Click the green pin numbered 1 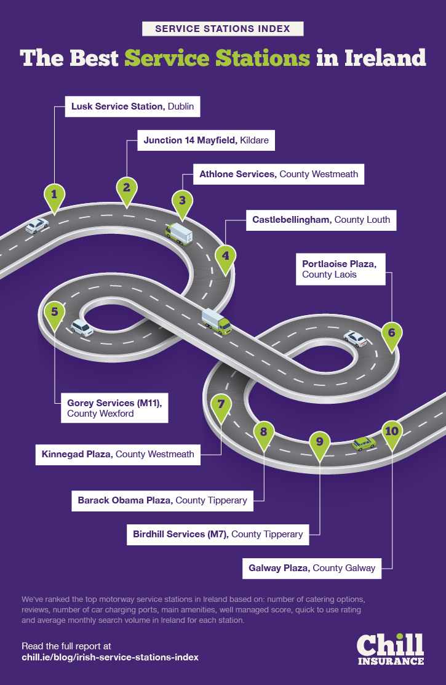click(x=54, y=196)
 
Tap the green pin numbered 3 click(x=181, y=202)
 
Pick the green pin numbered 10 click(x=391, y=433)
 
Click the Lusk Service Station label click(x=132, y=106)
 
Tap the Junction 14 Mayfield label click(x=206, y=140)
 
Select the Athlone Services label click(x=278, y=174)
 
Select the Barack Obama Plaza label click(x=162, y=500)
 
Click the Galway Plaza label click(x=312, y=568)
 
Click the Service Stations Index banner click(x=223, y=29)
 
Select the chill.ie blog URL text click(x=110, y=657)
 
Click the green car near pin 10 click(x=364, y=444)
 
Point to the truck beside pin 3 click(x=179, y=234)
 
